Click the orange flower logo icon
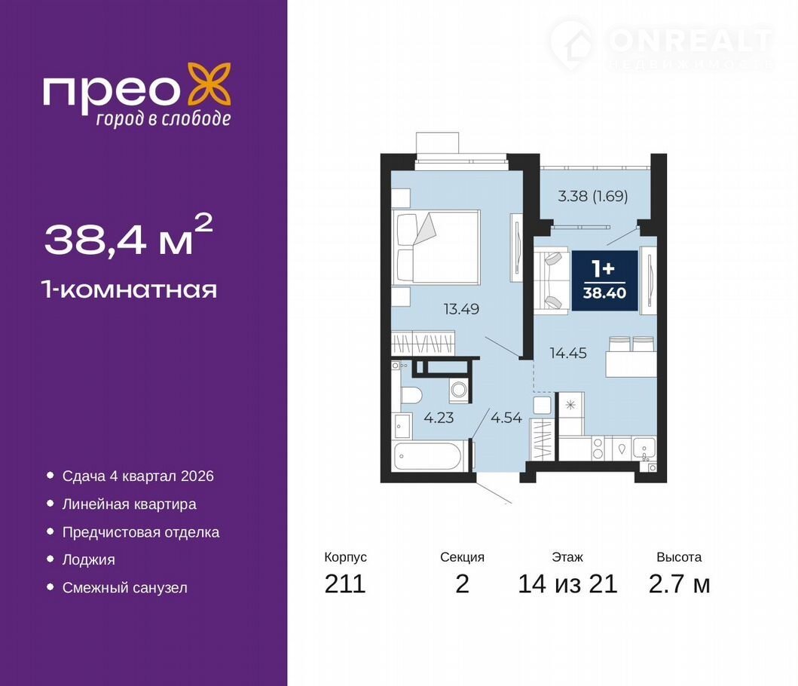tap(209, 85)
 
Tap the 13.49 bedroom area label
tap(461, 309)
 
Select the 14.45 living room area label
tap(568, 353)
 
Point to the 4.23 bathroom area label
tap(439, 418)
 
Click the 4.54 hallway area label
tap(506, 418)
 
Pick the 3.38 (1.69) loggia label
tap(593, 196)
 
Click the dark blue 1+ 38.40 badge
tap(604, 280)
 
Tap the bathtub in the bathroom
tap(428, 457)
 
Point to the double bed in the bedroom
tap(436, 247)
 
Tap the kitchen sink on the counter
tap(644, 449)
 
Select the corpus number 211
tap(345, 584)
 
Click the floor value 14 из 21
tap(567, 584)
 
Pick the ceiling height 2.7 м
tap(679, 584)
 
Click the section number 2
tap(462, 584)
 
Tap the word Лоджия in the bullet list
tap(89, 560)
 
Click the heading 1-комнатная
tap(130, 289)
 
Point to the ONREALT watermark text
tap(690, 40)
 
